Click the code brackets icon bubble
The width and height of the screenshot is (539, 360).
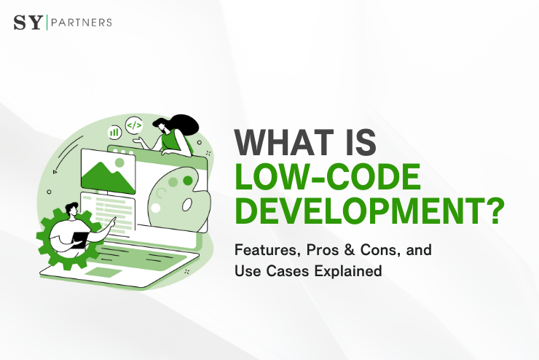(134, 125)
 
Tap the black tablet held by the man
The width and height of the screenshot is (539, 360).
(79, 241)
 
